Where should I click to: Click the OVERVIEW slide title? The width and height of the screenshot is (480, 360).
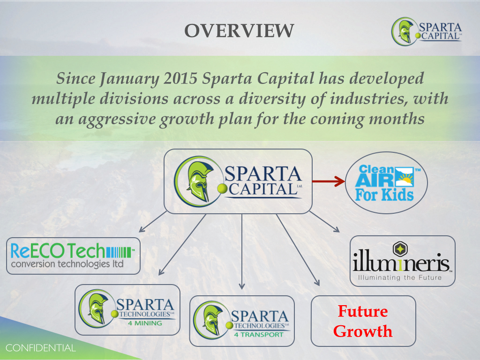[239, 31]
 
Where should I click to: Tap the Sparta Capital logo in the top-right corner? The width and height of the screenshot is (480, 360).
[427, 31]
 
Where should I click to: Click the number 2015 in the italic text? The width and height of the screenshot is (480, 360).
[180, 78]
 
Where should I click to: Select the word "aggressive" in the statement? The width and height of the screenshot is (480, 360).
[117, 120]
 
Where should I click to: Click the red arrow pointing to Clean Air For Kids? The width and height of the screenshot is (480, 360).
[329, 181]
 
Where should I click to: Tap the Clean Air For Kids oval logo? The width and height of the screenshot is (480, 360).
[386, 183]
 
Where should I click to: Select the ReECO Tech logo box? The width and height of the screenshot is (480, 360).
[73, 255]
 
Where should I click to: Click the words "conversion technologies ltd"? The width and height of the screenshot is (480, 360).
[67, 264]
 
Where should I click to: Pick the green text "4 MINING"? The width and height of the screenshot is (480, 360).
[145, 323]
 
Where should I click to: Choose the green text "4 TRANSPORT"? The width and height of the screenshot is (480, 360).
[259, 335]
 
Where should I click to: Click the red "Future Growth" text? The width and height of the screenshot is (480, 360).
[363, 321]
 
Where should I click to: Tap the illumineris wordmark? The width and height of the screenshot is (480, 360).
[401, 262]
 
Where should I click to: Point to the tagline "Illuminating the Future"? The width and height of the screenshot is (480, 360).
[400, 277]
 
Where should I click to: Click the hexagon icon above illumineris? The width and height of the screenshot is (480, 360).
[400, 249]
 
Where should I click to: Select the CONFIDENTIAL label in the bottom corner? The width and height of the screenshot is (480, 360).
[40, 348]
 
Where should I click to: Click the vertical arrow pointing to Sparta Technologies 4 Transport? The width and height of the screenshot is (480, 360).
[242, 252]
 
